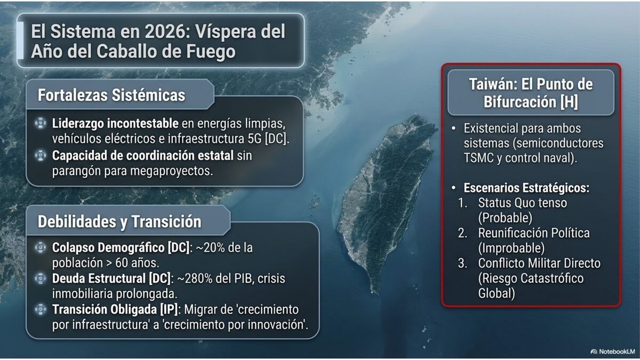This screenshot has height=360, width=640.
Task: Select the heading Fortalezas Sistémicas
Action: pyautogui.click(x=111, y=95)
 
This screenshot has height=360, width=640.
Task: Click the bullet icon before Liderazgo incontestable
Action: pyautogui.click(x=41, y=124)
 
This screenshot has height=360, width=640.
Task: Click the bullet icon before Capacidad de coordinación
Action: pyautogui.click(x=41, y=156)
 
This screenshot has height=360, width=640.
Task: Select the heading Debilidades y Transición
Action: pyautogui.click(x=119, y=222)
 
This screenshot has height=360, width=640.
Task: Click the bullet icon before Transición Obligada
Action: pyautogui.click(x=41, y=309)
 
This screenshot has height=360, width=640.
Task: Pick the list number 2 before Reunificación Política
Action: pyautogui.click(x=463, y=233)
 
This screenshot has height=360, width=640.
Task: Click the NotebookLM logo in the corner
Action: pyautogui.click(x=612, y=351)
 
